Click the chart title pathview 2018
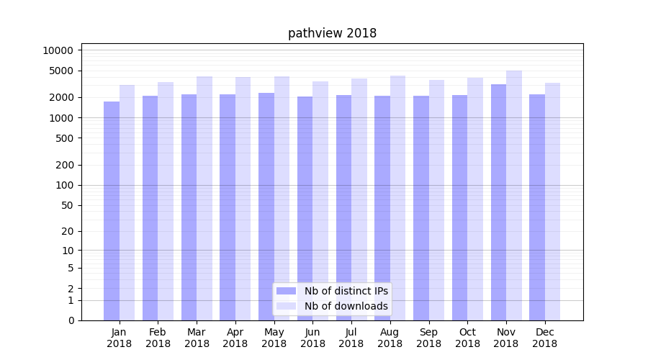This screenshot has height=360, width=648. (332, 33)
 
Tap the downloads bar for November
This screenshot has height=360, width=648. (514, 195)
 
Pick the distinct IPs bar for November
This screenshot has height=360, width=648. (498, 202)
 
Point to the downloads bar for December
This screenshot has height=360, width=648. (553, 201)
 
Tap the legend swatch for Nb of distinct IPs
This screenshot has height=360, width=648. (286, 291)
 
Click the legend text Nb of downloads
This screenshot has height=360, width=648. (346, 306)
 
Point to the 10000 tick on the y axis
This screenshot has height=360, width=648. (58, 50)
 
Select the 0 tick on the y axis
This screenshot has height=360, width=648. (71, 320)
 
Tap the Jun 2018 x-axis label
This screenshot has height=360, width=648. (312, 338)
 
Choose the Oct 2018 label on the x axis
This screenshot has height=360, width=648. (467, 338)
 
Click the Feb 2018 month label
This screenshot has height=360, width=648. (158, 338)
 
